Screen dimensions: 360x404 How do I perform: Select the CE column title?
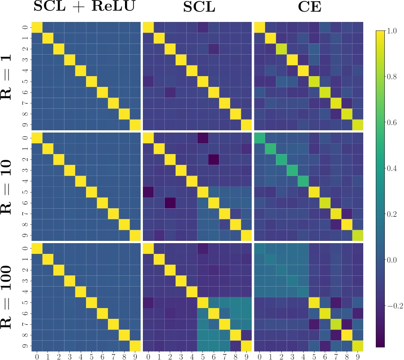(309, 8)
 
